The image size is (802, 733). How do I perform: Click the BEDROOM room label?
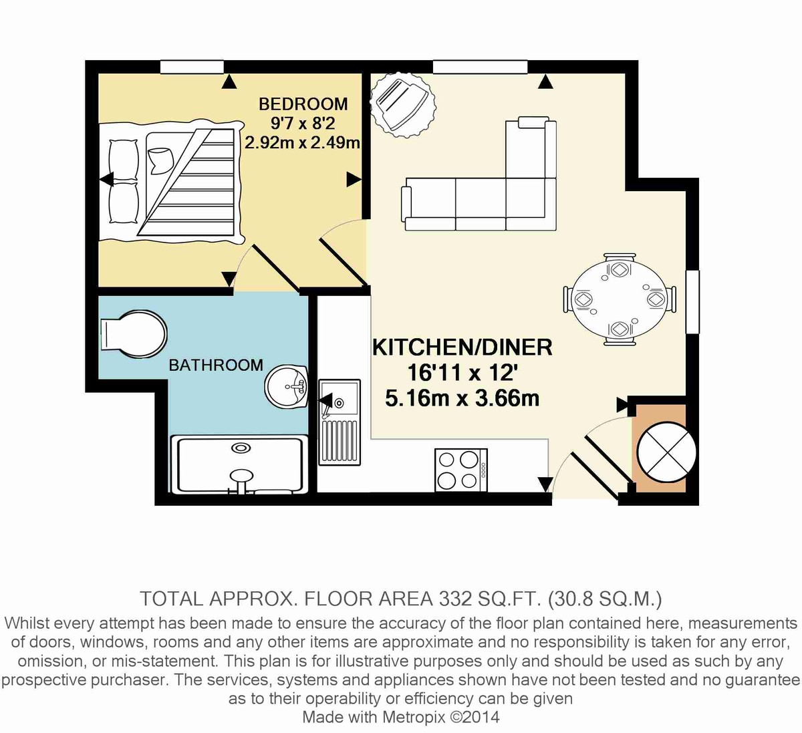303,104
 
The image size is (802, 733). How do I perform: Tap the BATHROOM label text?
215,365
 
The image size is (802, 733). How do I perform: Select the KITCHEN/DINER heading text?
462,347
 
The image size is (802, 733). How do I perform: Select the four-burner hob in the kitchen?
460,470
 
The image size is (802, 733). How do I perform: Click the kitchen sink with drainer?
339,422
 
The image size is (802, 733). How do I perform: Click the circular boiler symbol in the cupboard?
666,452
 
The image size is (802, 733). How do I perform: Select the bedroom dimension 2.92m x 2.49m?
302,142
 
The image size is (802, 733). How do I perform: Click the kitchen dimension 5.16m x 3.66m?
462,398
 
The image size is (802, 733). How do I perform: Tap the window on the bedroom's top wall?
192,67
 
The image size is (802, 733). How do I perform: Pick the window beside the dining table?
692,301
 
